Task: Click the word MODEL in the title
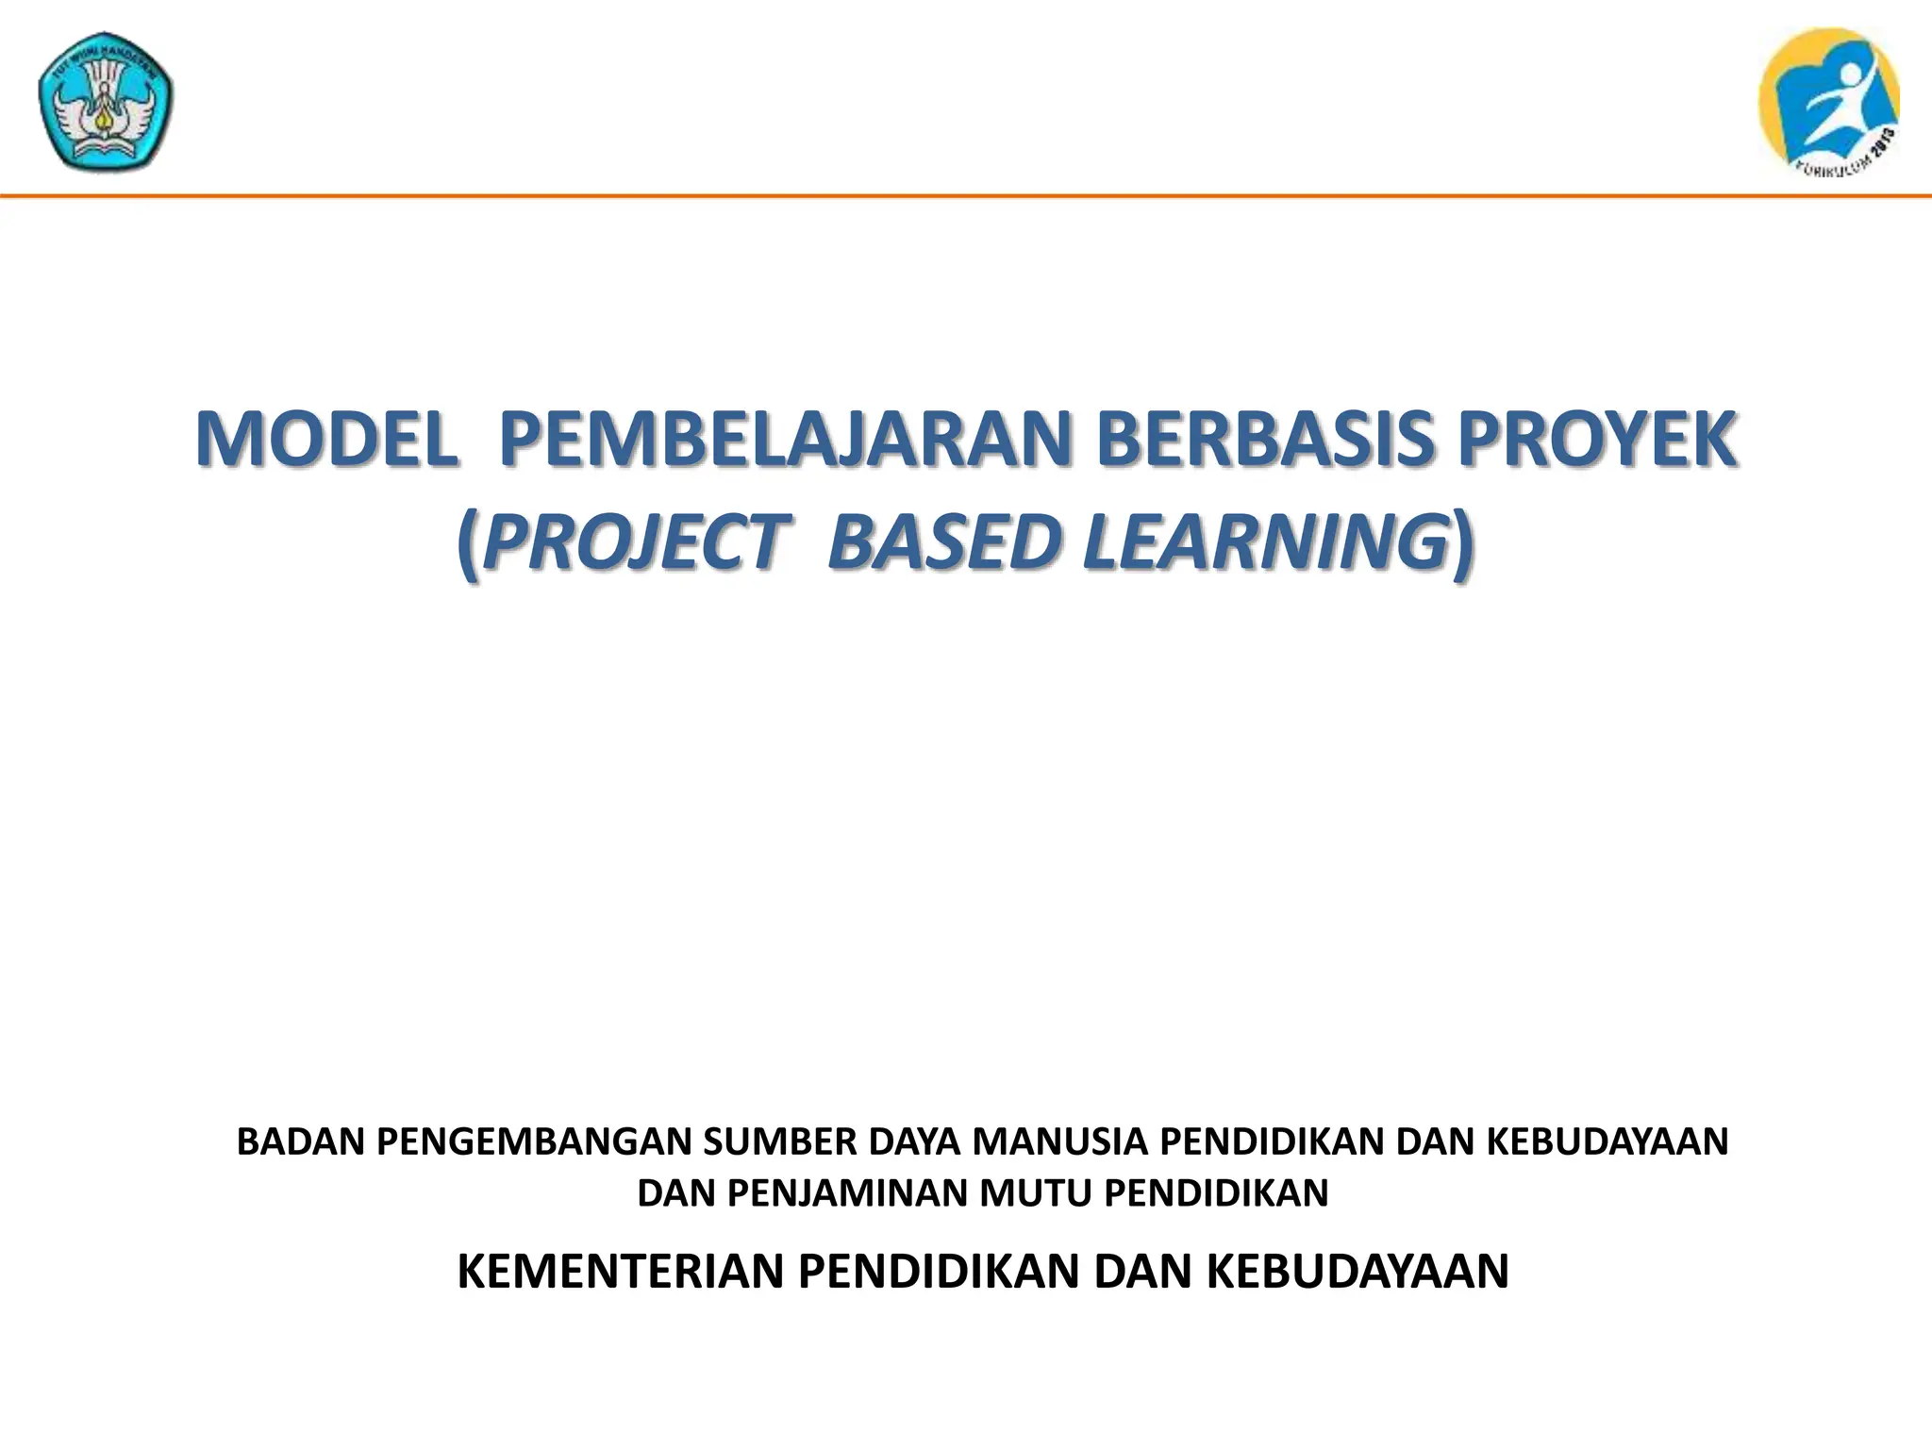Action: click(326, 440)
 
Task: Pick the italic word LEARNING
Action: click(1264, 543)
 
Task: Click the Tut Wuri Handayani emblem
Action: click(106, 108)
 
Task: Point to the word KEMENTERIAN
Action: click(621, 1271)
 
